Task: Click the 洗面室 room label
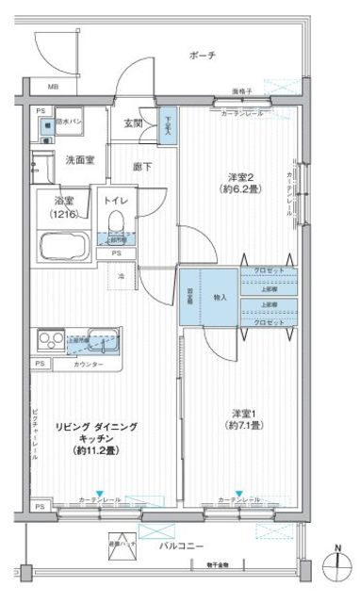pos(78,161)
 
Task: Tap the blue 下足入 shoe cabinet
pos(167,124)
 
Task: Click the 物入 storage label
pos(220,297)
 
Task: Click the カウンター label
pos(90,363)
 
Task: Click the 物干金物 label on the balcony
pos(221,565)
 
